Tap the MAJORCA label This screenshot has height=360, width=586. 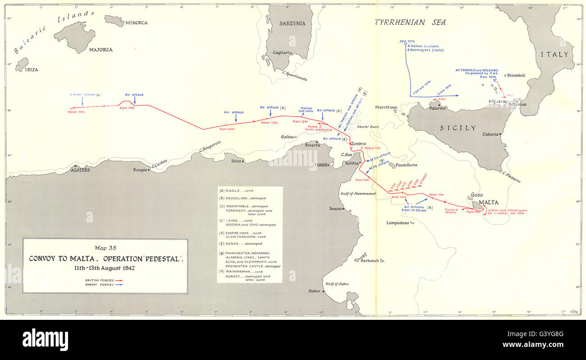pyautogui.click(x=101, y=50)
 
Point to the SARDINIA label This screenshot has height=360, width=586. pyautogui.click(x=292, y=23)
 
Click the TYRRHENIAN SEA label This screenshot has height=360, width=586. pyautogui.click(x=410, y=22)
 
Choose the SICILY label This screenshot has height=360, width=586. pyautogui.click(x=458, y=128)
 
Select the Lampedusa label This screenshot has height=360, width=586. pyautogui.click(x=397, y=223)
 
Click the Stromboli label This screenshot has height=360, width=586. pyautogui.click(x=516, y=75)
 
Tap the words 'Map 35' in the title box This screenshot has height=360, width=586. pyautogui.click(x=105, y=247)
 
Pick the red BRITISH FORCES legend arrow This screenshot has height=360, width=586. pyautogui.click(x=119, y=280)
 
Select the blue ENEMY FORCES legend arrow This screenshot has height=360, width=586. pyautogui.click(x=119, y=284)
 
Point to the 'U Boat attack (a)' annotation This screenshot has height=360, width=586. pyautogui.click(x=85, y=94)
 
